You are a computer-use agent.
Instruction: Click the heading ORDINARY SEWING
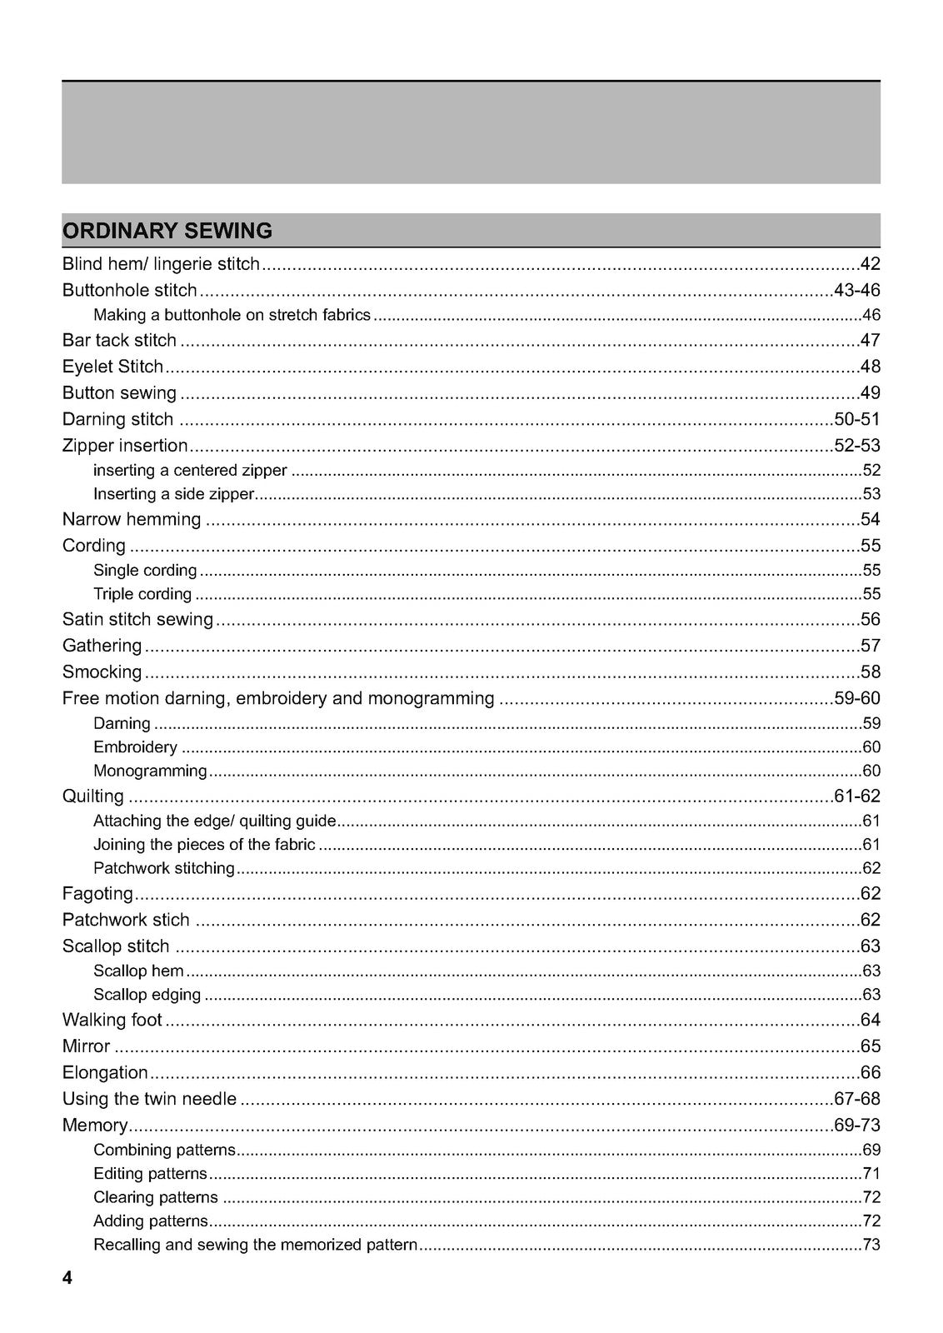(x=167, y=231)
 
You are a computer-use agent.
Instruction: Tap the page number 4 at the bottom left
(x=67, y=1278)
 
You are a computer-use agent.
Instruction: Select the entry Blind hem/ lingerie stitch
(x=162, y=265)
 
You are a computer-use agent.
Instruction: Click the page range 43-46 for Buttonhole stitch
(x=856, y=291)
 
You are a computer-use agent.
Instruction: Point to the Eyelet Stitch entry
(x=113, y=367)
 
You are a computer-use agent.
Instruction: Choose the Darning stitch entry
(x=118, y=419)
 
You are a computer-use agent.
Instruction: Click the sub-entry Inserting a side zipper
(x=173, y=494)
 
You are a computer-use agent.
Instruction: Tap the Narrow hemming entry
(x=132, y=520)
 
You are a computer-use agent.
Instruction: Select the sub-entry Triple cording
(x=142, y=594)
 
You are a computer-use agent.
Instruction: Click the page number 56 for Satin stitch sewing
(x=870, y=619)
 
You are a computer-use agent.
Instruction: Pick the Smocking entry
(x=102, y=671)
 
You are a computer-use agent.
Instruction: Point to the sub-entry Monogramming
(x=150, y=771)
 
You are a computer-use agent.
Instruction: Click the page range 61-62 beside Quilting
(x=856, y=796)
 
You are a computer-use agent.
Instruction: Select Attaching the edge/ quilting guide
(x=215, y=821)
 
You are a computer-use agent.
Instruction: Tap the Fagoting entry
(x=97, y=894)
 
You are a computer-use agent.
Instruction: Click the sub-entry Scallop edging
(x=147, y=995)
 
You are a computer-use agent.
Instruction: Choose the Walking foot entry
(x=112, y=1020)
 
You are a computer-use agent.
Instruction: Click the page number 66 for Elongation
(x=870, y=1072)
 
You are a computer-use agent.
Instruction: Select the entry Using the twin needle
(x=150, y=1099)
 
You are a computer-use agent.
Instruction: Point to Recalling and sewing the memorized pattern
(x=256, y=1245)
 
